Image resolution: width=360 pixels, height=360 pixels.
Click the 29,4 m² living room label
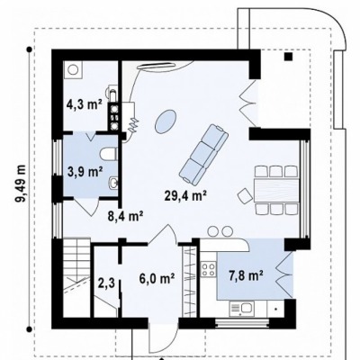(185, 195)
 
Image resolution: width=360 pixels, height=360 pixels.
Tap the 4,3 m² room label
(84, 105)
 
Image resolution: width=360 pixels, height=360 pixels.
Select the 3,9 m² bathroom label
(85, 172)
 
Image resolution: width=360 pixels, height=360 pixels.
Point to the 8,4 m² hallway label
(125, 216)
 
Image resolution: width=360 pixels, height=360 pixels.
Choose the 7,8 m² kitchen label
(247, 276)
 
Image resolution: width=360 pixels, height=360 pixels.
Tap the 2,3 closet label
(106, 283)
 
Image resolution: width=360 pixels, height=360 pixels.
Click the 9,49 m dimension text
(22, 184)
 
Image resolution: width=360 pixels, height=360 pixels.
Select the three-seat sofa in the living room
(203, 154)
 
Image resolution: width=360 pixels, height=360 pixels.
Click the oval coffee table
(166, 121)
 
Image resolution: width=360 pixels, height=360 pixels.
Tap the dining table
(276, 190)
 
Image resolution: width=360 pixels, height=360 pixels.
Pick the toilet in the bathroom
(108, 155)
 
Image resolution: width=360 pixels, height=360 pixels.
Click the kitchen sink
(242, 309)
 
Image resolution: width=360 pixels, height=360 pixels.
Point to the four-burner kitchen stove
(208, 269)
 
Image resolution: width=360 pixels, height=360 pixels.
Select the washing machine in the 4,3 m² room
(73, 70)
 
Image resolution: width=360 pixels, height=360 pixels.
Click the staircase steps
(76, 277)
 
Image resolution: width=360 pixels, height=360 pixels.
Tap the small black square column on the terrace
(289, 57)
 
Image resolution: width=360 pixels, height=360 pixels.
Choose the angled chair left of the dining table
(245, 196)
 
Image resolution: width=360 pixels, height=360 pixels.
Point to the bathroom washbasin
(113, 183)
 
